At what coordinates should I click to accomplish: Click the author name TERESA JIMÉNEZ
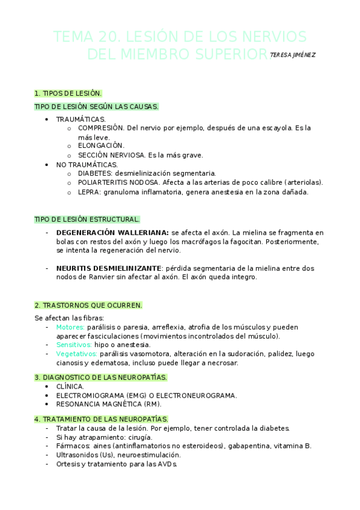point(293,55)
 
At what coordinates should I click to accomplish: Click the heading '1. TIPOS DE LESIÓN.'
point(68,93)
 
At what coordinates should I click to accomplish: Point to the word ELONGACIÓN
point(101,146)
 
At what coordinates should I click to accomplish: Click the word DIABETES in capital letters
point(95,173)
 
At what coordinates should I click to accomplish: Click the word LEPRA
point(89,192)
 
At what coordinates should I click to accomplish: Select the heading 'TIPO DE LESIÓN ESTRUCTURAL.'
point(87,219)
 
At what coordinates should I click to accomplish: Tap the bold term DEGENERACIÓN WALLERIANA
point(112,232)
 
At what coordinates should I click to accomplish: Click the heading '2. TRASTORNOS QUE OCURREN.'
point(88,305)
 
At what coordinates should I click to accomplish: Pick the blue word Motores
point(69,327)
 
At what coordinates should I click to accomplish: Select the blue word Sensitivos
point(74,345)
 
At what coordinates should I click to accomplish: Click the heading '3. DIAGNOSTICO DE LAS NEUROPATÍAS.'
point(101,377)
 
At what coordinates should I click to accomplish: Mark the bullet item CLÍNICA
point(70,386)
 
